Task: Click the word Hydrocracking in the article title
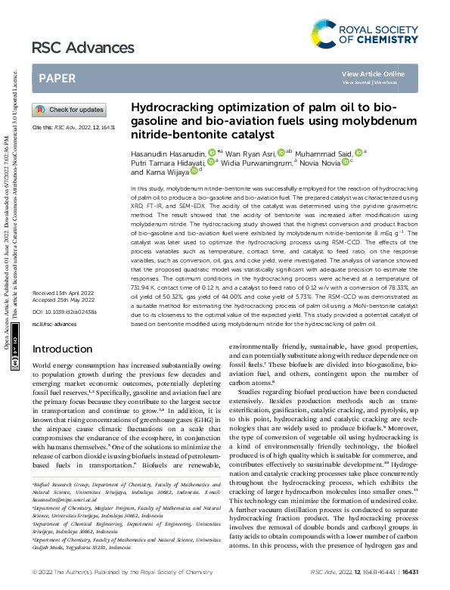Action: [x=171, y=109]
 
